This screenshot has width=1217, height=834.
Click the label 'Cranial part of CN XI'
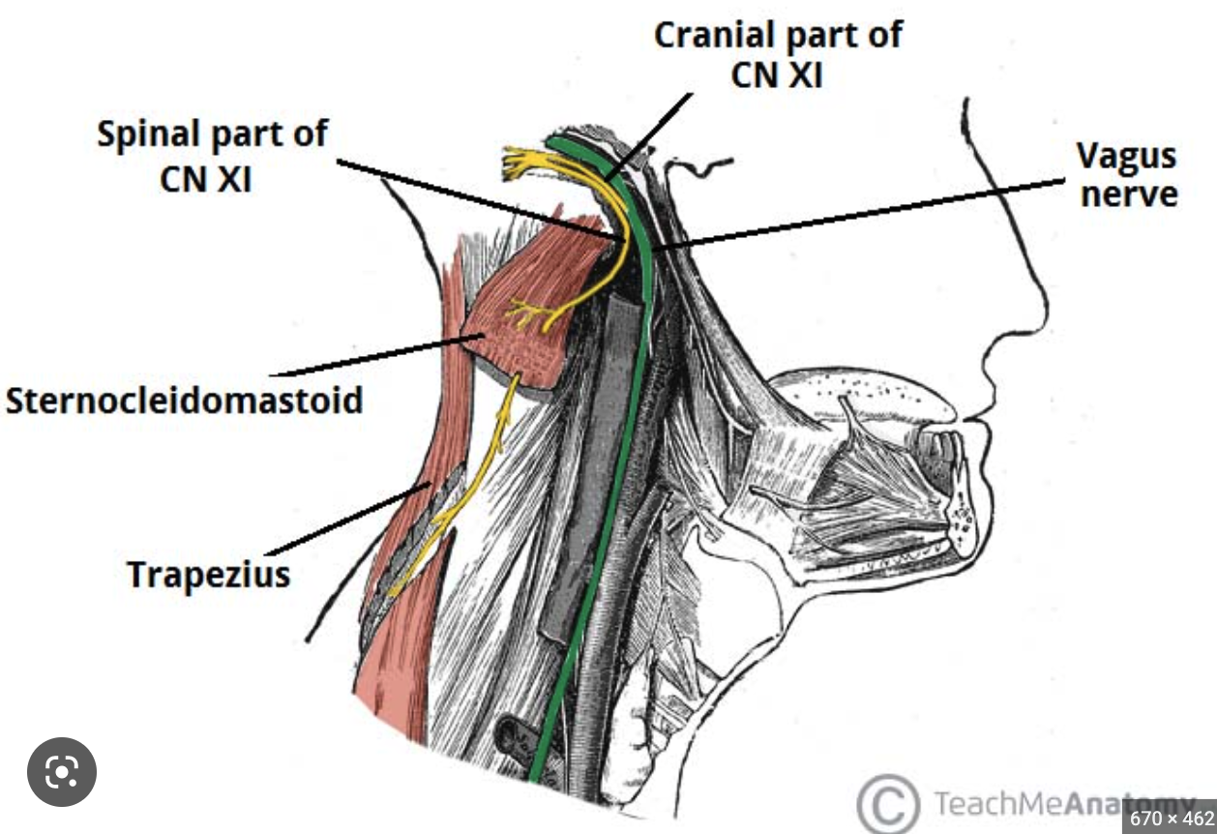click(778, 54)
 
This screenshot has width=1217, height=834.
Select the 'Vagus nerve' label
click(1128, 175)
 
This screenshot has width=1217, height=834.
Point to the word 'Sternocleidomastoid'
click(184, 400)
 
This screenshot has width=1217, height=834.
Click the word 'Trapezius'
click(209, 574)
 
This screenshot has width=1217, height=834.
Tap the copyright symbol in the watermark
click(886, 801)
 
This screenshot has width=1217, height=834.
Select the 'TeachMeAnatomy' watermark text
click(1025, 802)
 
